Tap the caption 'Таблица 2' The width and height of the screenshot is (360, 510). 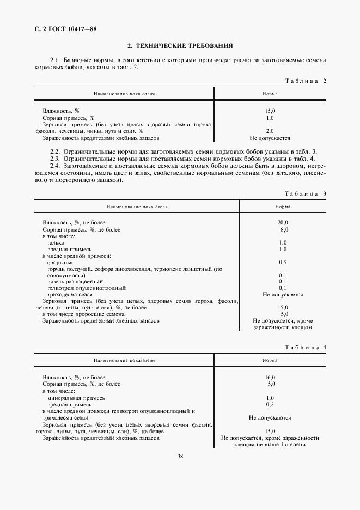pyautogui.click(x=305, y=81)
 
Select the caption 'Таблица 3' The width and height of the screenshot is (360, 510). pyautogui.click(x=305, y=193)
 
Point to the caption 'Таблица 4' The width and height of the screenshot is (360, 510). pyautogui.click(x=305, y=347)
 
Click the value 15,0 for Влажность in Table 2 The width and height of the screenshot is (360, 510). pyautogui.click(x=270, y=111)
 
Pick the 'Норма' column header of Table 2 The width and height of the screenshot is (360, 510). pyautogui.click(x=270, y=94)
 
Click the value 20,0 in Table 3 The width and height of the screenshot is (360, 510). pyautogui.click(x=283, y=223)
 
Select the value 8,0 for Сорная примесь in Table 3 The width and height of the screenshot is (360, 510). pyautogui.click(x=283, y=230)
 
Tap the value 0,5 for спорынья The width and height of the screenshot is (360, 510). pyautogui.click(x=283, y=262)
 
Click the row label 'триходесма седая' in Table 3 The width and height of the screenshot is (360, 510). pyautogui.click(x=67, y=294)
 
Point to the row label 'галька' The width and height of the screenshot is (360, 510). pyautogui.click(x=56, y=242)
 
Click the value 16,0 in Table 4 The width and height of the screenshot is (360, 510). pyautogui.click(x=270, y=377)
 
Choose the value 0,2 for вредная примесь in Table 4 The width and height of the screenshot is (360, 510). pyautogui.click(x=270, y=405)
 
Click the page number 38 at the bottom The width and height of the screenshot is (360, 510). pyautogui.click(x=180, y=456)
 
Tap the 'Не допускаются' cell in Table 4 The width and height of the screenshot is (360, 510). pyautogui.click(x=270, y=418)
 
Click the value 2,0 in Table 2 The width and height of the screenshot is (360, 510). pyautogui.click(x=270, y=131)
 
